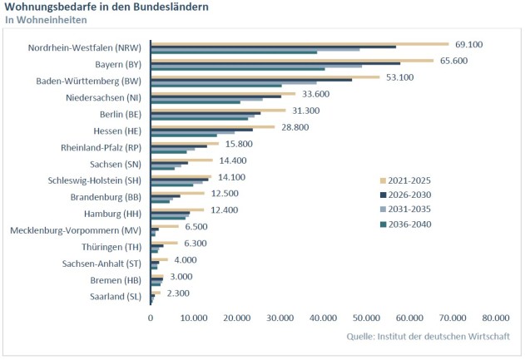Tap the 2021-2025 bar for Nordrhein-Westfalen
pyautogui.click(x=300, y=43)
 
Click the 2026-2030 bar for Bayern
pyautogui.click(x=275, y=63)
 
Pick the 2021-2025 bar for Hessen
pyautogui.click(x=212, y=126)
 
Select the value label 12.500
pyautogui.click(x=225, y=193)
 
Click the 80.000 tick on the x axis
pyautogui.click(x=495, y=318)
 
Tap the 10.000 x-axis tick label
pyautogui.click(x=194, y=318)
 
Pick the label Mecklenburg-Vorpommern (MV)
pyautogui.click(x=75, y=229)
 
